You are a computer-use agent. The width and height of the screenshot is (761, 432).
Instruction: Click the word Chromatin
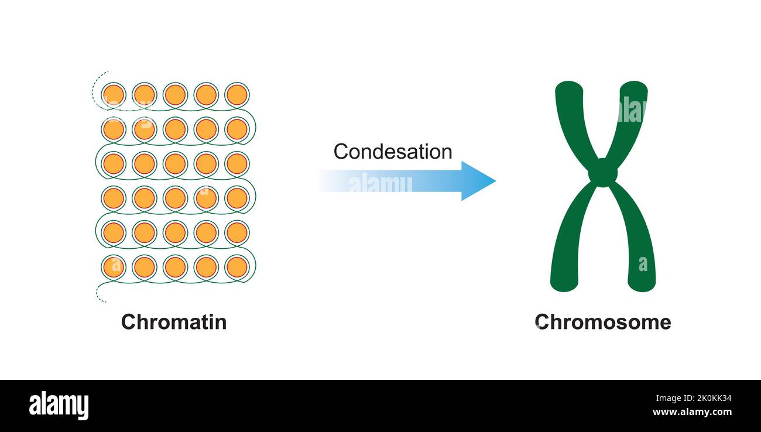pyautogui.click(x=174, y=322)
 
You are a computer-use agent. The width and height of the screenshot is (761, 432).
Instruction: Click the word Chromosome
pyautogui.click(x=602, y=322)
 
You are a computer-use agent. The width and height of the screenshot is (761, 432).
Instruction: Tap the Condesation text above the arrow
pyautogui.click(x=392, y=152)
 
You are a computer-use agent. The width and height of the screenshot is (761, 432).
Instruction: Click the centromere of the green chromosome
pyautogui.click(x=602, y=173)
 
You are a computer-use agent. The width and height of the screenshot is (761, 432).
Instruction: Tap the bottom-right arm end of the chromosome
pyautogui.click(x=642, y=283)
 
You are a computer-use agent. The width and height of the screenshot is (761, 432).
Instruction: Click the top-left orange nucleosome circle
pyautogui.click(x=114, y=95)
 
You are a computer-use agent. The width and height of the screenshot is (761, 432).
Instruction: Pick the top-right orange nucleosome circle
pyautogui.click(x=236, y=95)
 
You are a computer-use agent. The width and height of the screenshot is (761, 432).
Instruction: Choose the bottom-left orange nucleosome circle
pyautogui.click(x=114, y=267)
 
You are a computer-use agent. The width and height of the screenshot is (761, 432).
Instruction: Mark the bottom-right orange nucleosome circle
pyautogui.click(x=236, y=267)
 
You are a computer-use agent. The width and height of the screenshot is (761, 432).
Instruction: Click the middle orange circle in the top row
pyautogui.click(x=175, y=95)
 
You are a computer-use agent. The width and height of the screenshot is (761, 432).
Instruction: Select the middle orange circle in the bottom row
pyautogui.click(x=175, y=267)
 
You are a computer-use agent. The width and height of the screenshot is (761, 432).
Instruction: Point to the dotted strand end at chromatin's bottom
pyautogui.click(x=100, y=298)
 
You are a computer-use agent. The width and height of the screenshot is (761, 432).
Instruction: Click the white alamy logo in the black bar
pyautogui.click(x=59, y=405)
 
